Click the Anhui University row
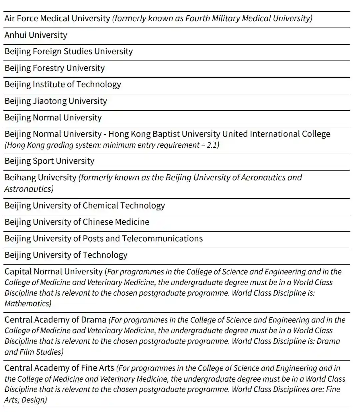click(36, 35)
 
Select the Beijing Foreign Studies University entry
click(69, 51)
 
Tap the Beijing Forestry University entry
click(55, 68)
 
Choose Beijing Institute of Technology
click(63, 84)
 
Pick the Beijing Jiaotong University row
click(56, 101)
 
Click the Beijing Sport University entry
click(49, 161)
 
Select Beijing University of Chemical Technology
click(85, 206)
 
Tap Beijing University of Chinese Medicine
click(77, 222)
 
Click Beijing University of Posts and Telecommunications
click(104, 239)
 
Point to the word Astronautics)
click(29, 189)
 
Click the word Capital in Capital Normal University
click(18, 272)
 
